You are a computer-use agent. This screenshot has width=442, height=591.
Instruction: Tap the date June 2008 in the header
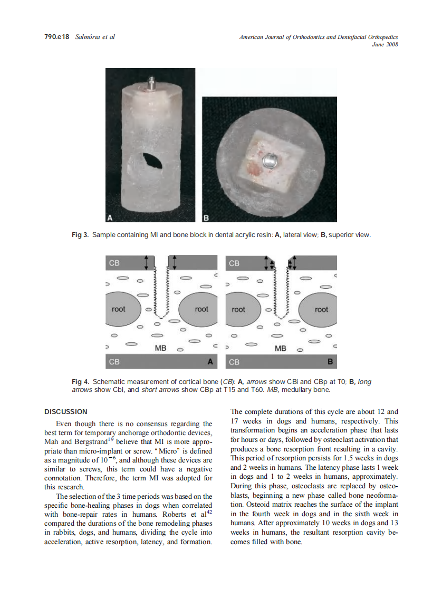[x=385, y=44]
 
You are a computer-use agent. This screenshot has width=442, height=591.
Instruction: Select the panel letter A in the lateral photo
[x=111, y=217]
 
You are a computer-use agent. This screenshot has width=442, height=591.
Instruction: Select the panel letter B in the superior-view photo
[x=206, y=217]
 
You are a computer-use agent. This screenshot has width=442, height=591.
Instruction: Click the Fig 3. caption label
[x=80, y=234]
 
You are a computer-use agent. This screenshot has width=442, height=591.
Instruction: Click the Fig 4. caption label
[x=80, y=381]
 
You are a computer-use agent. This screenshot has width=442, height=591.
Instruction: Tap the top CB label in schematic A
[x=114, y=263]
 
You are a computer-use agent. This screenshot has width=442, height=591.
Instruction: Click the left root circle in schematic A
[x=119, y=309]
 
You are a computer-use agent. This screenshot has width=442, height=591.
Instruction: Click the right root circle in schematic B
[x=321, y=309]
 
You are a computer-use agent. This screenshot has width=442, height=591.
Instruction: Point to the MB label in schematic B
[x=281, y=348]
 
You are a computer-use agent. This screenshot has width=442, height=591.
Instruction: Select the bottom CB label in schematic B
[x=234, y=362]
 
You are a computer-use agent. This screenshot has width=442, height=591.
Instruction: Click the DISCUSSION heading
[x=65, y=411]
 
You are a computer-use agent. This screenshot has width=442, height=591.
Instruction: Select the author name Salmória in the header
[x=91, y=37]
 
